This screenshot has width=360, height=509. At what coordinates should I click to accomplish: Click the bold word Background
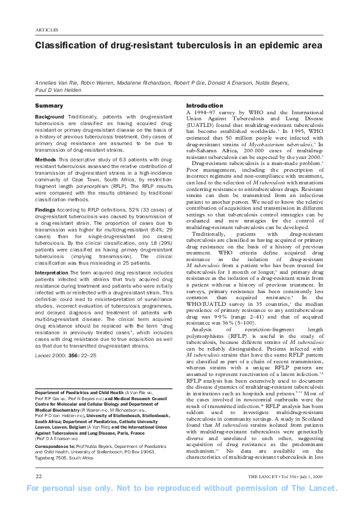tap(50, 116)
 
